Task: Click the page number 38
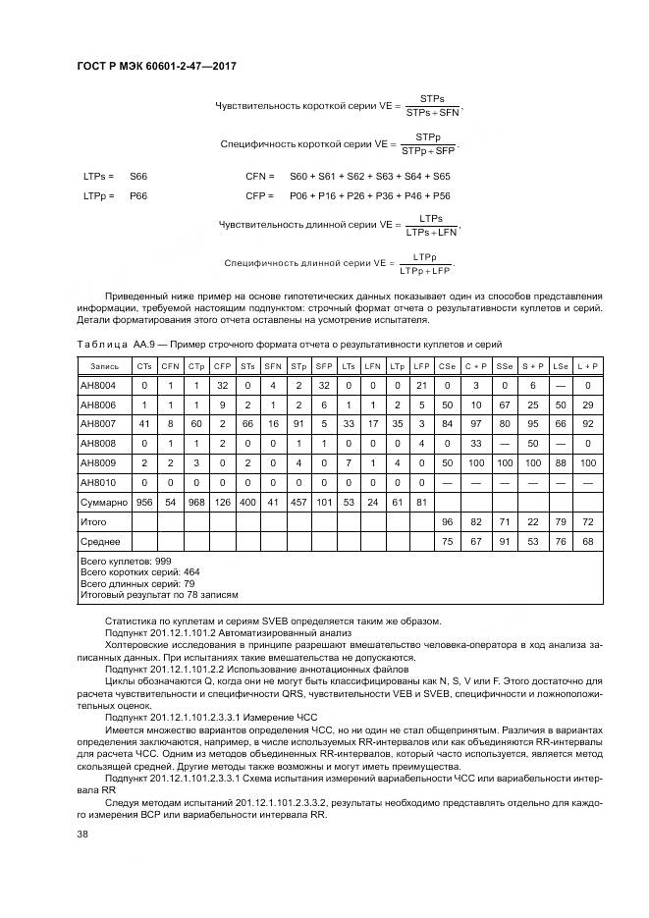[x=82, y=834]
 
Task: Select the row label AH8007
[x=98, y=423]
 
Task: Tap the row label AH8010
[x=98, y=482]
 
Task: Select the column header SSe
[x=505, y=365]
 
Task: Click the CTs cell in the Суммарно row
[x=144, y=502]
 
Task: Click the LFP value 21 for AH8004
[x=421, y=385]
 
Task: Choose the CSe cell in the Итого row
[x=447, y=522]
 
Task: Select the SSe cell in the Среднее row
[x=505, y=541]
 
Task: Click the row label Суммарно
[x=104, y=502]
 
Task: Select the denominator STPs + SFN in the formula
[x=432, y=113]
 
